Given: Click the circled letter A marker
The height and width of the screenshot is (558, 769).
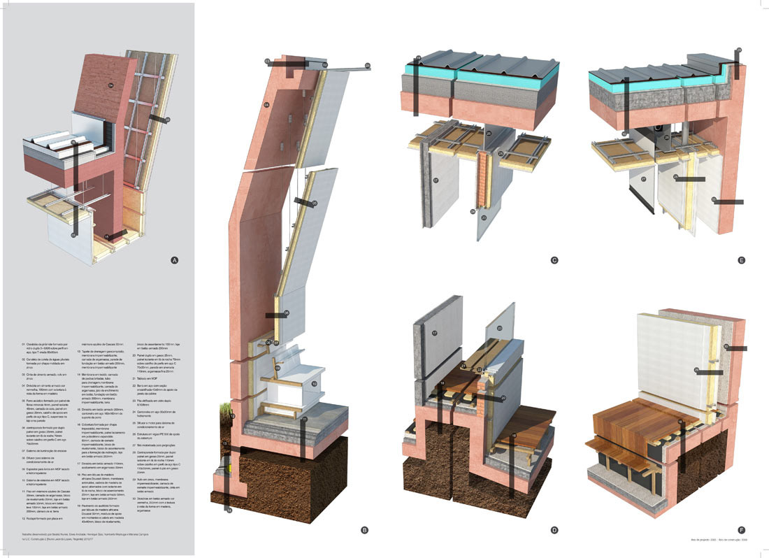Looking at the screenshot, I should (x=175, y=260).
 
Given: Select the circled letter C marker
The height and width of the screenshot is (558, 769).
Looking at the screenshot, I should (x=554, y=260).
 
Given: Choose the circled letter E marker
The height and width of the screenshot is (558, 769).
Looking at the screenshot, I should (x=742, y=260).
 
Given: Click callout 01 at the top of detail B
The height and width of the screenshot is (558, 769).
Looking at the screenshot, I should (x=368, y=66).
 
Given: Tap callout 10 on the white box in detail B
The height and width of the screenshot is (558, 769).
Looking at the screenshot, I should (x=314, y=384).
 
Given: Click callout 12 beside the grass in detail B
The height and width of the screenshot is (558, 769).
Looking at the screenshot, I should (x=231, y=416).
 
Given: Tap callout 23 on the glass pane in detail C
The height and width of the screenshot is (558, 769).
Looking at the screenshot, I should (x=482, y=217).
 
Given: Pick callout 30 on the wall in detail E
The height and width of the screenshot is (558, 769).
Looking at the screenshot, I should (x=714, y=201).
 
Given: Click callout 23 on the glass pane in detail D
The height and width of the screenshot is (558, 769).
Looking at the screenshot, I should (x=500, y=327).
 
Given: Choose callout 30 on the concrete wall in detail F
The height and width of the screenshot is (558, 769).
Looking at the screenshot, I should (x=727, y=346).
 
